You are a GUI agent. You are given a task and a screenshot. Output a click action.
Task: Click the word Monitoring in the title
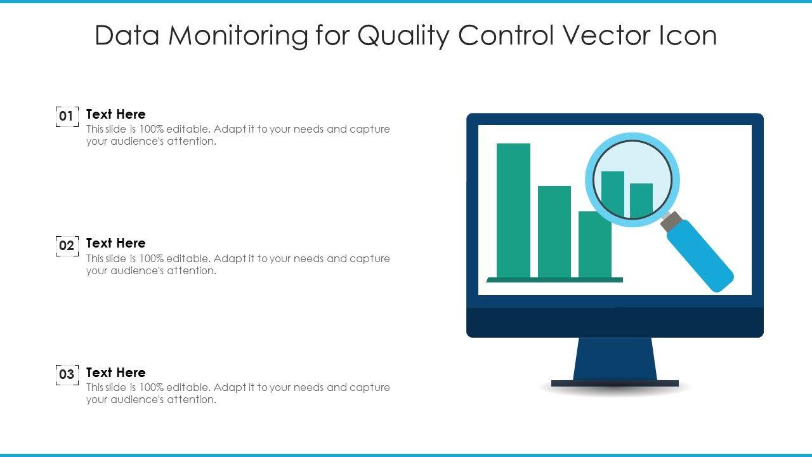pos(238,36)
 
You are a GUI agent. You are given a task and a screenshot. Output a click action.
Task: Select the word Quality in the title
pos(403,36)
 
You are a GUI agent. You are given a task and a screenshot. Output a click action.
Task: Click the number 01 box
pos(67,116)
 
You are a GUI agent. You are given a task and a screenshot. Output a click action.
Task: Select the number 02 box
pos(67,246)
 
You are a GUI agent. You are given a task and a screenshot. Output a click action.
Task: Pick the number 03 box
pos(67,374)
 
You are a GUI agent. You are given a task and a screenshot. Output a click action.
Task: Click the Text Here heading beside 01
pos(116,114)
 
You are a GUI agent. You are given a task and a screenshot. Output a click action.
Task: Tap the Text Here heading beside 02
pos(116,243)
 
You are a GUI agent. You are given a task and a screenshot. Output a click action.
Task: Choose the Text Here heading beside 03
pos(116,372)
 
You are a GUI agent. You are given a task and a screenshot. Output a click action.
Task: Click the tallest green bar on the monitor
pos(513,210)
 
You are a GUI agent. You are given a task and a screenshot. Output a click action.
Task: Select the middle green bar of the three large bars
pos(554,232)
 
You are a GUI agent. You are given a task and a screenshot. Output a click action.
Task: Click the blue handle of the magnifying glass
pos(700,256)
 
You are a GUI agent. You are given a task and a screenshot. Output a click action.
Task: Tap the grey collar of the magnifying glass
pos(671,221)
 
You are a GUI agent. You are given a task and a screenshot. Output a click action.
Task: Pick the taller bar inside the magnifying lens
pos(613,194)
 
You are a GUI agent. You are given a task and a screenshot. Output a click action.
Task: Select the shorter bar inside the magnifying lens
pos(641,201)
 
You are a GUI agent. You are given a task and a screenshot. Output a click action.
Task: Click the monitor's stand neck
pos(615,359)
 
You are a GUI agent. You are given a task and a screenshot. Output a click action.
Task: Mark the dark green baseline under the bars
pos(554,280)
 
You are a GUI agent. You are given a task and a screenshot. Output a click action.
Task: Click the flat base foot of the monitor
pos(615,383)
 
